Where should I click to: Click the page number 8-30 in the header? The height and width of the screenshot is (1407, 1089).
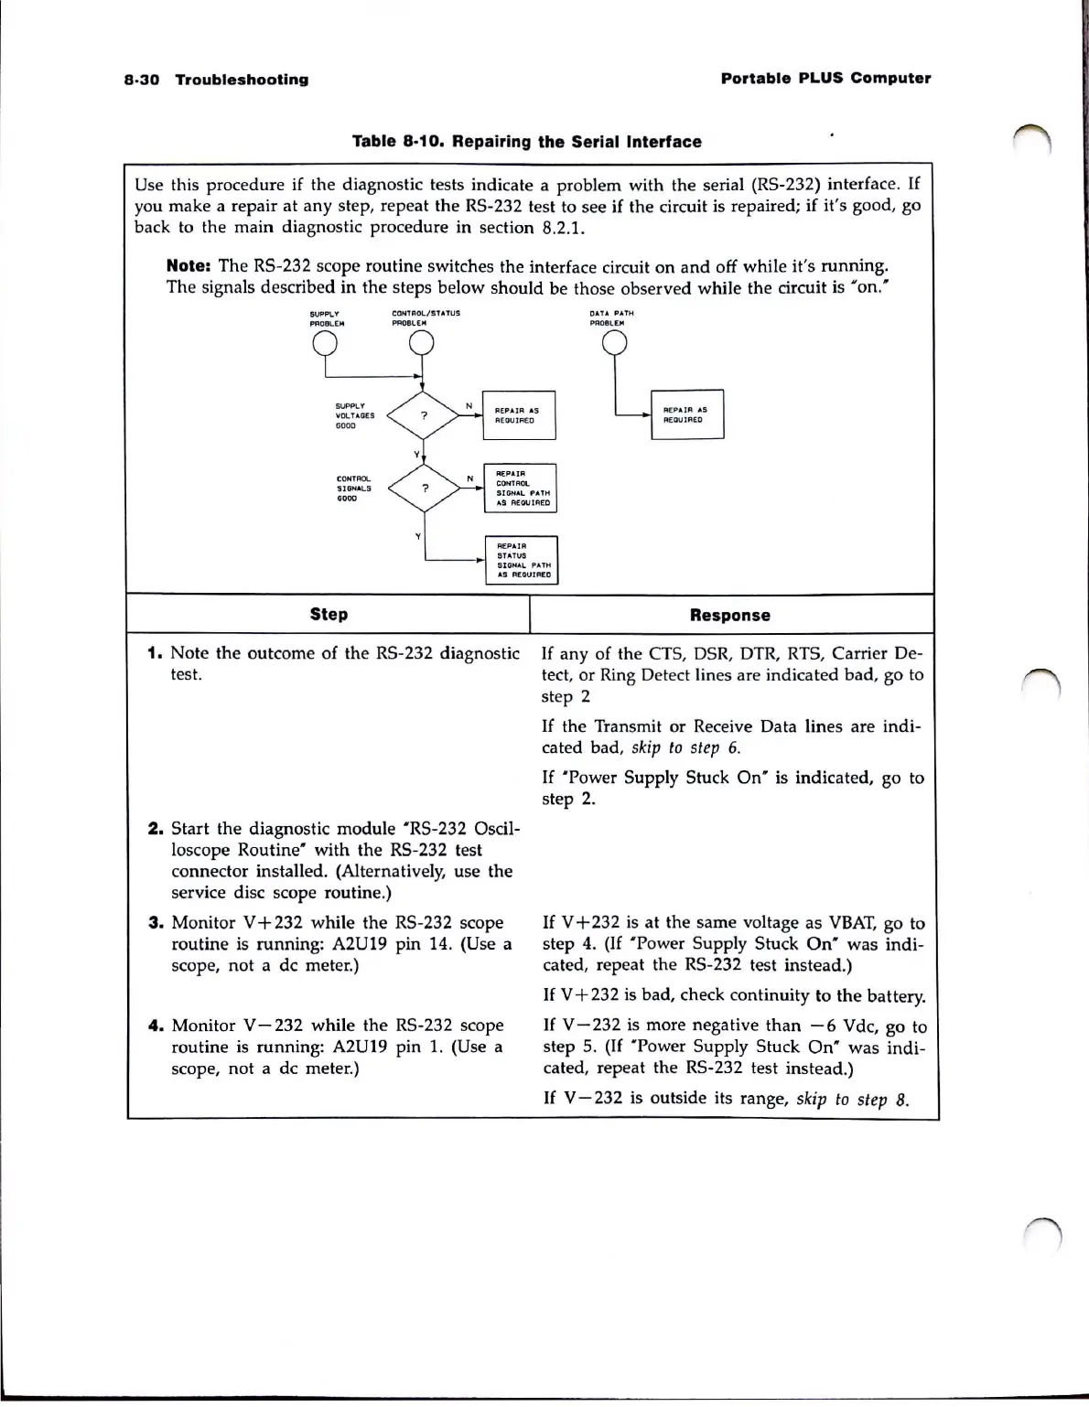click(x=141, y=80)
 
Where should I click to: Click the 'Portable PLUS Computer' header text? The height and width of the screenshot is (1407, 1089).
click(x=825, y=78)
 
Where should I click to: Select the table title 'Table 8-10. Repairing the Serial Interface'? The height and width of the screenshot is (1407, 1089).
click(x=527, y=142)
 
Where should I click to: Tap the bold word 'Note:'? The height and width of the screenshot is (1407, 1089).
click(x=189, y=266)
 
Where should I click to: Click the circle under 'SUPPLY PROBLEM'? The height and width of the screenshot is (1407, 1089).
click(x=324, y=343)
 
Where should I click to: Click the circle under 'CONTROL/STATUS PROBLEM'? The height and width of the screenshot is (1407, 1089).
click(x=421, y=343)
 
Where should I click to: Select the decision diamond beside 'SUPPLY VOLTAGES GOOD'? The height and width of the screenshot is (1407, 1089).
click(x=423, y=415)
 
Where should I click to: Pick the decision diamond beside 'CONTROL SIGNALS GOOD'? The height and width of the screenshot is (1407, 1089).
click(x=423, y=488)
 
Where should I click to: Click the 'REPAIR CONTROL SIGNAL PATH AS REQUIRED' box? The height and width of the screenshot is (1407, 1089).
click(x=520, y=488)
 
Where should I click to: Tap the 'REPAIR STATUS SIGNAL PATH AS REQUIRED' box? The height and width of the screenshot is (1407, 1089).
click(x=521, y=560)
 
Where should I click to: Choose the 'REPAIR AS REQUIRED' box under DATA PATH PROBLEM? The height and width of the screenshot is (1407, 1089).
click(x=687, y=414)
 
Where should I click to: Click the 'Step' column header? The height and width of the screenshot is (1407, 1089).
click(x=329, y=615)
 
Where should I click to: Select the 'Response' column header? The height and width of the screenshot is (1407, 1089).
click(x=729, y=616)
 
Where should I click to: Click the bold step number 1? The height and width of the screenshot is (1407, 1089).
click(x=155, y=653)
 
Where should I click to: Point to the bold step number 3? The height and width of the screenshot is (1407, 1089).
click(x=155, y=922)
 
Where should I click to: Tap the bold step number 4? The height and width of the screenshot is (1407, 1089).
click(x=155, y=1026)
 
